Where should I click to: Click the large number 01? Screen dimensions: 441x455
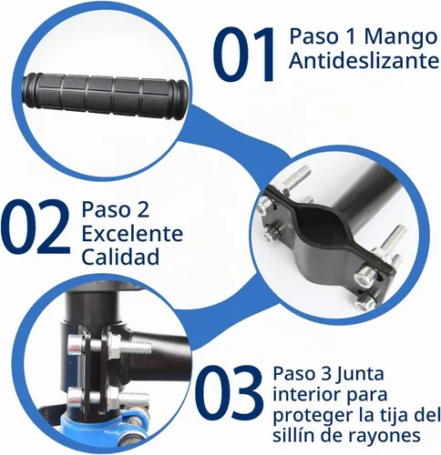pos(245,54)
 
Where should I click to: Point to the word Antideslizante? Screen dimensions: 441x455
pos(364,61)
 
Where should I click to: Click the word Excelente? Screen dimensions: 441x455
pos(132,234)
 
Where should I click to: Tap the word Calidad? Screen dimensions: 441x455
pos(120,257)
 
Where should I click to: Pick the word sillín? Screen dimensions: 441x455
pos(292,435)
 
